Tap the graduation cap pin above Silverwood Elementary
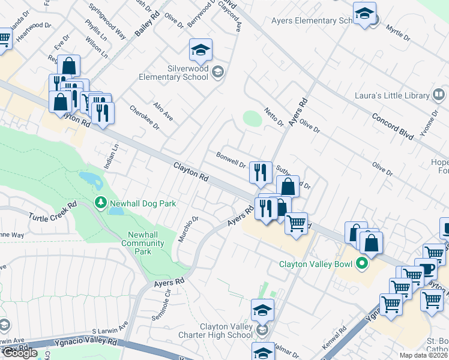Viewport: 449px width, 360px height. point(201,50)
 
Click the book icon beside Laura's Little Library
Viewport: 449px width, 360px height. point(439,95)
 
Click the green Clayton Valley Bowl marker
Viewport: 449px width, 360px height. point(361,263)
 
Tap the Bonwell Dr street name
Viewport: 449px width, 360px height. point(231,160)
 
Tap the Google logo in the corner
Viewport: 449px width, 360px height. point(20,353)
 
